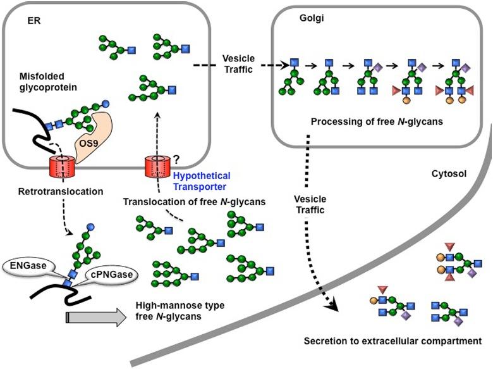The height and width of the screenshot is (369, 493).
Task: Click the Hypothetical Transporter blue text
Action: tap(202, 181)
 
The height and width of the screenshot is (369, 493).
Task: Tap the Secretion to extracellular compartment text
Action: tap(393, 341)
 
